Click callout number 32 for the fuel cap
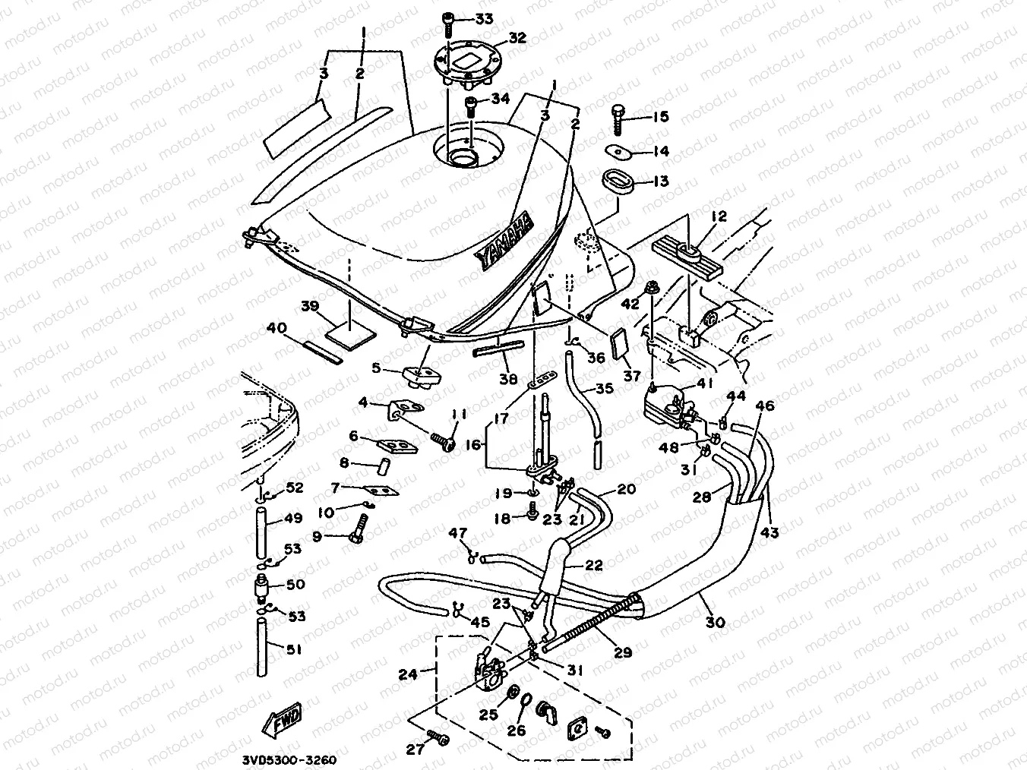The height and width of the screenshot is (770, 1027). point(517,37)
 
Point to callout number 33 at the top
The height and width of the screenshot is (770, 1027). point(483,17)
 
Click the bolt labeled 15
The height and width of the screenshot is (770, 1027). point(618,119)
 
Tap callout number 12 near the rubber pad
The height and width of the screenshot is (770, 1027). point(719,216)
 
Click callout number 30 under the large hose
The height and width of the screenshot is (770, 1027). point(716,622)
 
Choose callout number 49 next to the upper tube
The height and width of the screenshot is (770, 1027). point(292,519)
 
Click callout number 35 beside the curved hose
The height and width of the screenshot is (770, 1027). point(604,389)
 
